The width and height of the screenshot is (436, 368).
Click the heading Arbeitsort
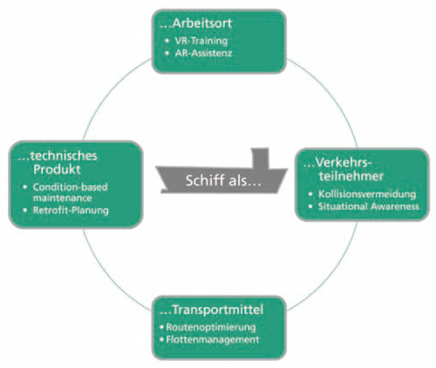coord(202,24)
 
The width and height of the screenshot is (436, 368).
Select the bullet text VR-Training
coord(201,41)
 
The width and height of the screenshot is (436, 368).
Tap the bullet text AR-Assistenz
coord(203,53)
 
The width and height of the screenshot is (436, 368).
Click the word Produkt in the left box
coord(57,170)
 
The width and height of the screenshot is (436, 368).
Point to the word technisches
coord(64,156)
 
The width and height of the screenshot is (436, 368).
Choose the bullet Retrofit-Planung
coord(71,210)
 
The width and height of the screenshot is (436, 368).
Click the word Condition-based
coord(70,187)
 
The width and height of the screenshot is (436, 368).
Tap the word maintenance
coord(62,198)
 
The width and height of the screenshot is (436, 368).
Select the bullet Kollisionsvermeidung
coord(367,194)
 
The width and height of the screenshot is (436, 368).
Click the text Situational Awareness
coord(369,207)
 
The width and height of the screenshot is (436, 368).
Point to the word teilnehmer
coord(351,176)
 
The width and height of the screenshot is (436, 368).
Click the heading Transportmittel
coord(218,310)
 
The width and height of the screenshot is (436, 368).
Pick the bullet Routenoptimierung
coord(211,327)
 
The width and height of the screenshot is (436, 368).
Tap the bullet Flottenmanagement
coord(213,339)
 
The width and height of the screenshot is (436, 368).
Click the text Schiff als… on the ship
coord(223,181)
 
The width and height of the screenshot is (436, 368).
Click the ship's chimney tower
coord(260,159)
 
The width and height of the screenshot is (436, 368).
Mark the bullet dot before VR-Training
coord(167,41)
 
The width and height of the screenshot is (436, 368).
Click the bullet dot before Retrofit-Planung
coord(25,210)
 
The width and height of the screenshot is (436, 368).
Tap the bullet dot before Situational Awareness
coord(310,207)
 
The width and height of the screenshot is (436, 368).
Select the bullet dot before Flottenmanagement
coord(162,339)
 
